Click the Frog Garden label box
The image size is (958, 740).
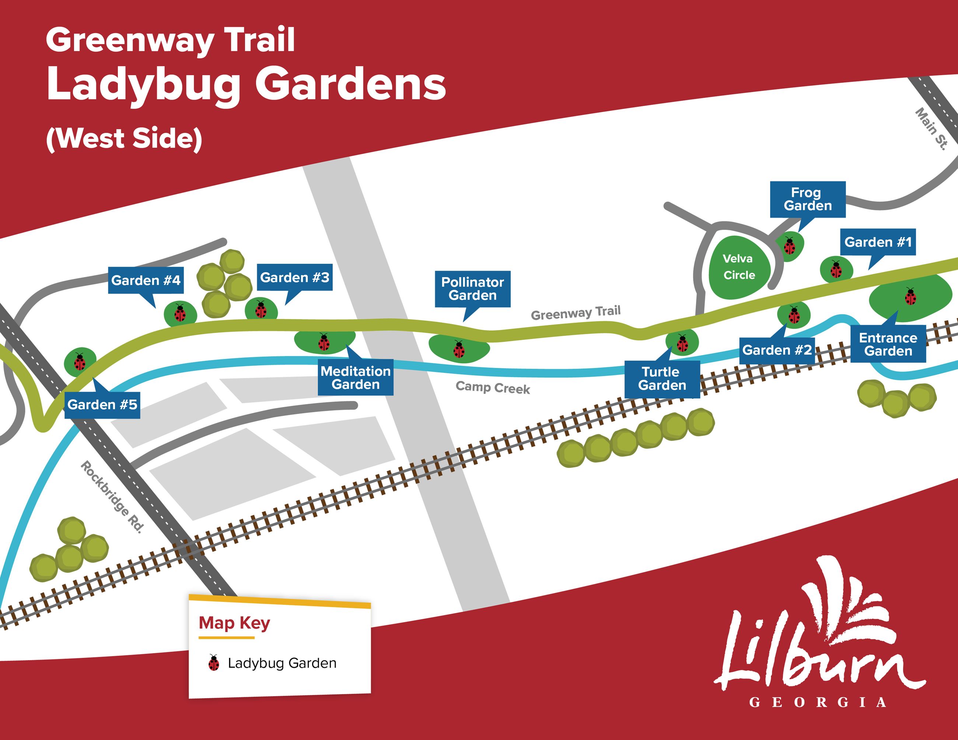(x=808, y=199)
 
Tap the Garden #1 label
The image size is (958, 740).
(x=878, y=242)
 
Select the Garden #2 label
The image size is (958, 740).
(x=777, y=350)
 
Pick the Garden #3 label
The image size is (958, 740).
(x=295, y=277)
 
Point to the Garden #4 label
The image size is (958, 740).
(x=146, y=280)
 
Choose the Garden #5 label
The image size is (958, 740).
(x=102, y=405)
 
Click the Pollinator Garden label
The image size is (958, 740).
(x=472, y=289)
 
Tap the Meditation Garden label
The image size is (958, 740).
(x=355, y=378)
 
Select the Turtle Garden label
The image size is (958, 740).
(x=662, y=379)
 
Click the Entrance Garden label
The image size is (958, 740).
(x=888, y=344)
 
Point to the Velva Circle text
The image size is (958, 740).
(x=739, y=267)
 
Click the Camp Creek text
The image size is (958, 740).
(x=493, y=387)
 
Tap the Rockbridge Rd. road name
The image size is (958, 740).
(x=112, y=497)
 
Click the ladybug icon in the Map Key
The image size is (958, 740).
(x=214, y=663)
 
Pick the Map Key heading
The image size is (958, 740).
(x=234, y=623)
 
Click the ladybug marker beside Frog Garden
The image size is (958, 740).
(x=790, y=246)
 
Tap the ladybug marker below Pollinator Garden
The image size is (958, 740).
(x=459, y=350)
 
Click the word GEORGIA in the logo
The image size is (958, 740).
(x=818, y=702)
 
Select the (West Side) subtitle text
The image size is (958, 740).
(x=124, y=138)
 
